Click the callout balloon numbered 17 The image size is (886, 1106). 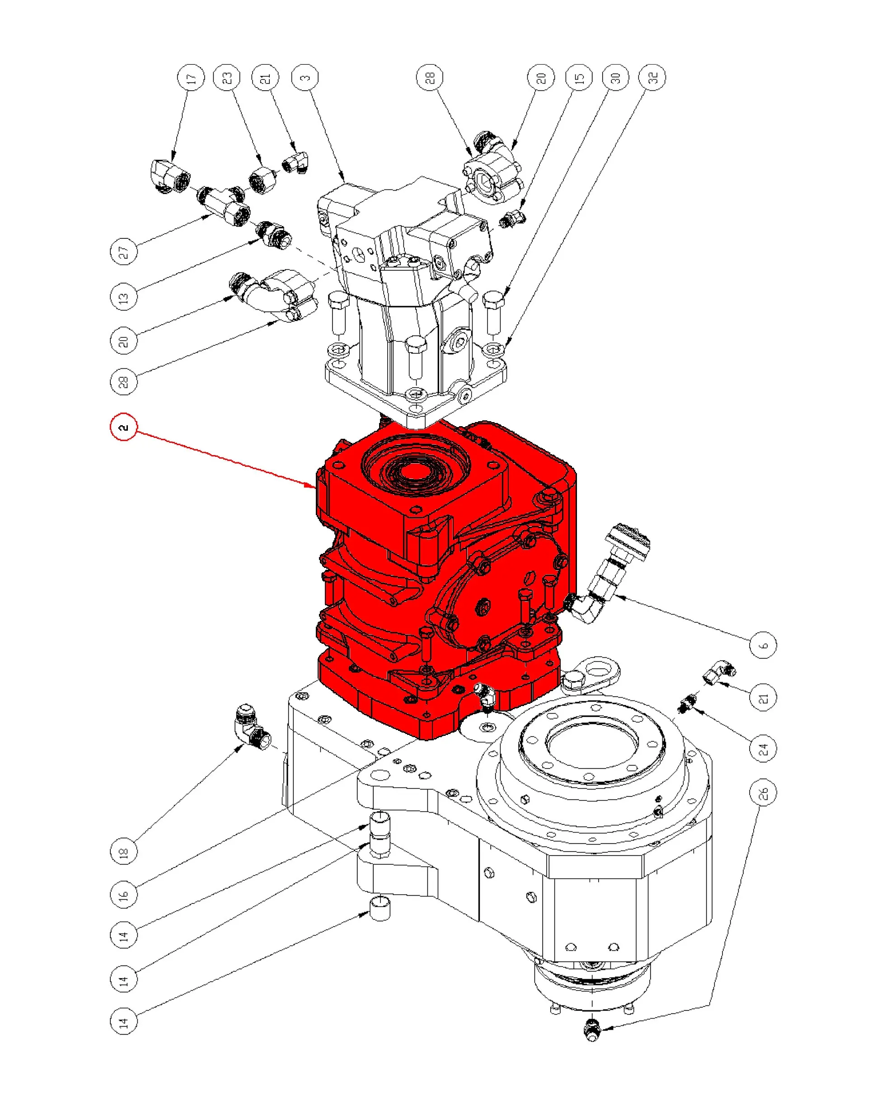pos(191,78)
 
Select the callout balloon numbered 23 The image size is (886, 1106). pos(227,78)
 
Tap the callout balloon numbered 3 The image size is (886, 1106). pos(305,78)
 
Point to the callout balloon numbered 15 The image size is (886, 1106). pos(578,78)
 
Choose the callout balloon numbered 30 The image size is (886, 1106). pos(615,78)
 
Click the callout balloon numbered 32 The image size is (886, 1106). pos(652,78)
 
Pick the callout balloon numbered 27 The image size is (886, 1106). pos(124,252)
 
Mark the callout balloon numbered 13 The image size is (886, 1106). pos(124,297)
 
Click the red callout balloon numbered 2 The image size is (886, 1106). pos(124,427)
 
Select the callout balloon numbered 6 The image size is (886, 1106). pos(763,645)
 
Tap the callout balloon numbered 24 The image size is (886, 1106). pos(763,749)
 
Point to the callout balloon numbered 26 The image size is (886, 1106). pos(763,793)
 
